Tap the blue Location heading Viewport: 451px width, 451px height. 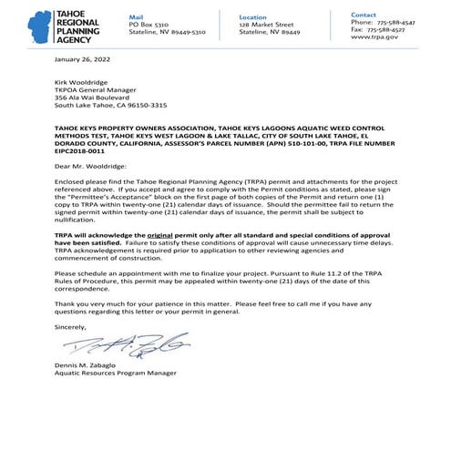click(x=253, y=16)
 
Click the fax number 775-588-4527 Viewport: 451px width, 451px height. click(x=396, y=31)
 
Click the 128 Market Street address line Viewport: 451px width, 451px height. click(x=266, y=25)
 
